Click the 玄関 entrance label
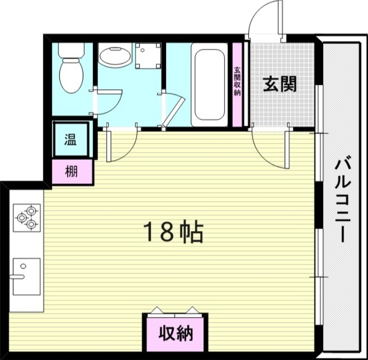pos(279,84)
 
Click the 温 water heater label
pos(70,140)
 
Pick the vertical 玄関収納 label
pos(237,83)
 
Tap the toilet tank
pos(71,51)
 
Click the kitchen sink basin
pos(27,276)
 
